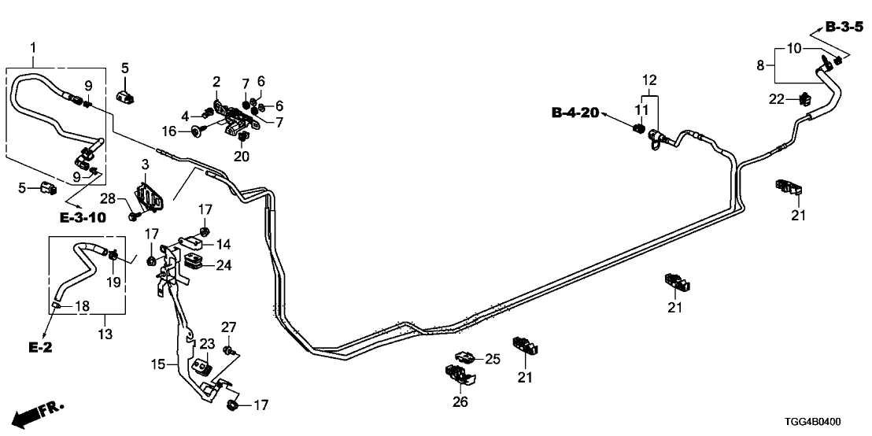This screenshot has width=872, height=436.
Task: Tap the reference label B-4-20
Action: (575, 113)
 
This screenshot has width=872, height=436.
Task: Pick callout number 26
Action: (460, 403)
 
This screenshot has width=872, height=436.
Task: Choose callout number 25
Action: (492, 360)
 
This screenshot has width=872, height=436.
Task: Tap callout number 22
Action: (777, 98)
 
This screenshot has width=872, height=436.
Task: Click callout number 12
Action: (648, 79)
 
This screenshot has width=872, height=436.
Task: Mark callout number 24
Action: (224, 265)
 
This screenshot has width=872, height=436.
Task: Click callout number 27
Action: (228, 327)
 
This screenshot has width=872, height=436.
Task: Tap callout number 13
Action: (105, 334)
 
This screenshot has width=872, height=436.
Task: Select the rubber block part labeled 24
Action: (194, 260)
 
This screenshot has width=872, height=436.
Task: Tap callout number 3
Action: (146, 164)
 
